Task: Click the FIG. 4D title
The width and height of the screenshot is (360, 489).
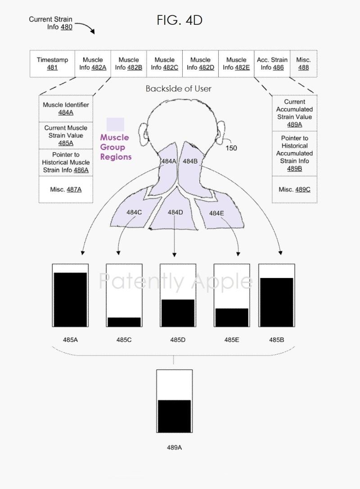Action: tap(180, 20)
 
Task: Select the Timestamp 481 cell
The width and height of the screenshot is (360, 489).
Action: tap(53, 63)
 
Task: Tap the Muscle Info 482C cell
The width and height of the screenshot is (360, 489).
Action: tap(164, 63)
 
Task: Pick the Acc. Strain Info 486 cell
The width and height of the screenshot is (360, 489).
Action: tap(272, 63)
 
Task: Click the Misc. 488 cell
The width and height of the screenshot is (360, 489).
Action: tap(303, 63)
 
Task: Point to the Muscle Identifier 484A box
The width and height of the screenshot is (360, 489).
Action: tap(66, 108)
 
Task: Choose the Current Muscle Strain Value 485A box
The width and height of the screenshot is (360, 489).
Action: tap(66, 135)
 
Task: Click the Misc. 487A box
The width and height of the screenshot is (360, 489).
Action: tap(66, 189)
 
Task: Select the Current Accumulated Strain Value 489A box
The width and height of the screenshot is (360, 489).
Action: tap(294, 113)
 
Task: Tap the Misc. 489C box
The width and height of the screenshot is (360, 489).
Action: tap(294, 189)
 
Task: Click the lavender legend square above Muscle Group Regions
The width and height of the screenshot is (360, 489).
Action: tap(115, 124)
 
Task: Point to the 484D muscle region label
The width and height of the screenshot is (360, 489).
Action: tap(175, 212)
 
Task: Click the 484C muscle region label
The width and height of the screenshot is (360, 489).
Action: tap(134, 212)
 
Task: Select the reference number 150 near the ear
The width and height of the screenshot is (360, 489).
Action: tap(231, 148)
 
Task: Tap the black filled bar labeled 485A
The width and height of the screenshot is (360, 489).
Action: tap(70, 299)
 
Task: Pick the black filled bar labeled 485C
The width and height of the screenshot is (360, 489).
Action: tap(124, 322)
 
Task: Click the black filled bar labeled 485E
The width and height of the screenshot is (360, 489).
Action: tap(231, 317)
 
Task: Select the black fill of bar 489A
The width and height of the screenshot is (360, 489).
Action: tap(174, 416)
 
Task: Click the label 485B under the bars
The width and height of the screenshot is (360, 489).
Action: tap(276, 340)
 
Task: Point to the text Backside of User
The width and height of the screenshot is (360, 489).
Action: tap(178, 89)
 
